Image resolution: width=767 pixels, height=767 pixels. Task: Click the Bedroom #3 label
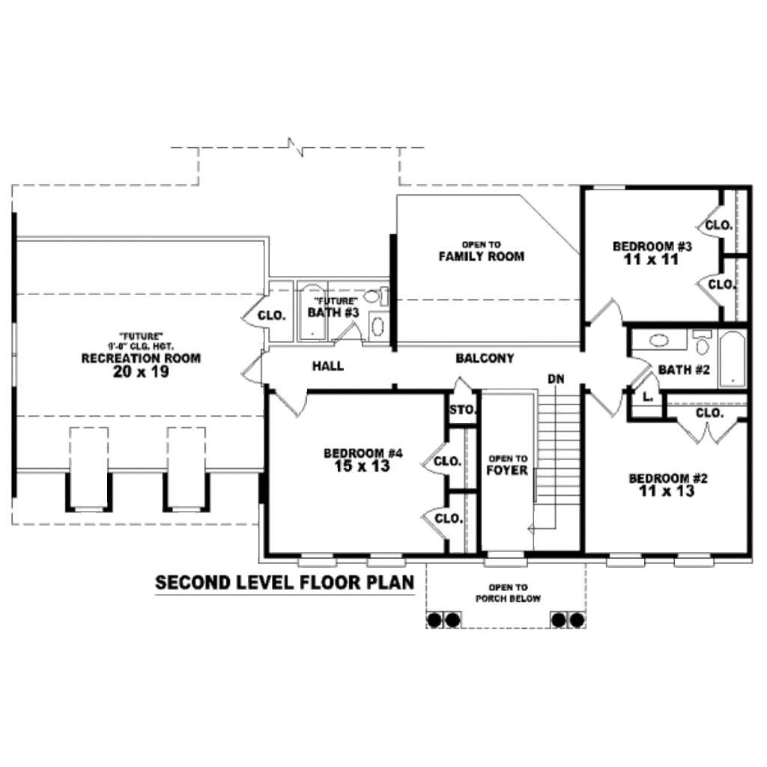[652, 246]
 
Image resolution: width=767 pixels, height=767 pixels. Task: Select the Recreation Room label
[141, 358]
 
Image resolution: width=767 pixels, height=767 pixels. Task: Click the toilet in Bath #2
[702, 344]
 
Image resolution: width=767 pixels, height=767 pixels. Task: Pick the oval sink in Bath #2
[658, 342]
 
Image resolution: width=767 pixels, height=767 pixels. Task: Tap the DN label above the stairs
[555, 379]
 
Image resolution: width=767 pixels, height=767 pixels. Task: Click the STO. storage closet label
[463, 410]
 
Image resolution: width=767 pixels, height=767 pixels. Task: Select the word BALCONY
[485, 359]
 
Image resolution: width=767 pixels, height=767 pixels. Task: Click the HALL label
[328, 366]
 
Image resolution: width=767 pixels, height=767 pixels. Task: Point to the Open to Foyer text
[507, 464]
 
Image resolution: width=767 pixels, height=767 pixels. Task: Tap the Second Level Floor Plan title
[285, 583]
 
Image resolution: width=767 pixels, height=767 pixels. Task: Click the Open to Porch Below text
[508, 592]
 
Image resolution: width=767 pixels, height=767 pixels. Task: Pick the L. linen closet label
[648, 397]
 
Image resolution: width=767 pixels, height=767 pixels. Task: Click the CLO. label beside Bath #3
[271, 315]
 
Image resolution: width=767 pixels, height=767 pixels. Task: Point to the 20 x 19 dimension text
[141, 371]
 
